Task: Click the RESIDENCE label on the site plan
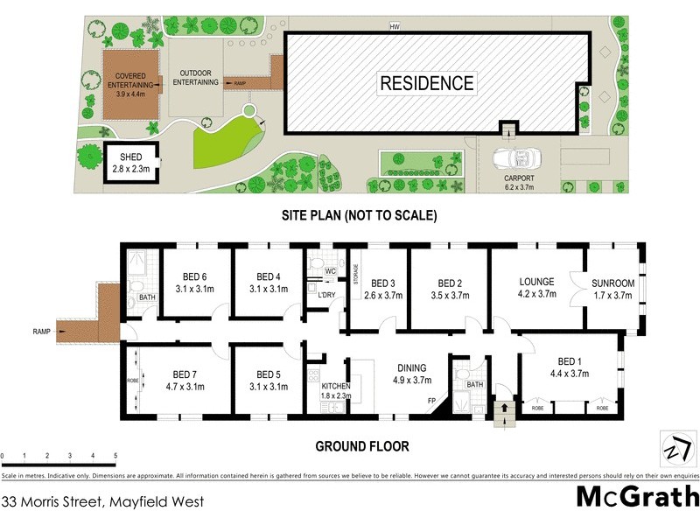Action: [x=427, y=84]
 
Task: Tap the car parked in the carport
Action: [x=513, y=161]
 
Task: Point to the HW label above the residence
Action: [x=395, y=26]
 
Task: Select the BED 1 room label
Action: [x=569, y=361]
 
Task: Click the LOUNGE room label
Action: [x=536, y=282]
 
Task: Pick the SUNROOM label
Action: [x=612, y=283]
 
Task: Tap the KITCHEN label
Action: [x=335, y=385]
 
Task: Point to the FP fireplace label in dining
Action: [x=431, y=402]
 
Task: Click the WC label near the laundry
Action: [x=330, y=271]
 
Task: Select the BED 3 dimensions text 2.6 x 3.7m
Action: [x=383, y=296]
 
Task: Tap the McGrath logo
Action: [x=636, y=497]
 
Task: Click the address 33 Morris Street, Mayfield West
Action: [x=103, y=502]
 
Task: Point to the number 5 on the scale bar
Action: [x=115, y=456]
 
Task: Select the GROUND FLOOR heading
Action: [x=361, y=446]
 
